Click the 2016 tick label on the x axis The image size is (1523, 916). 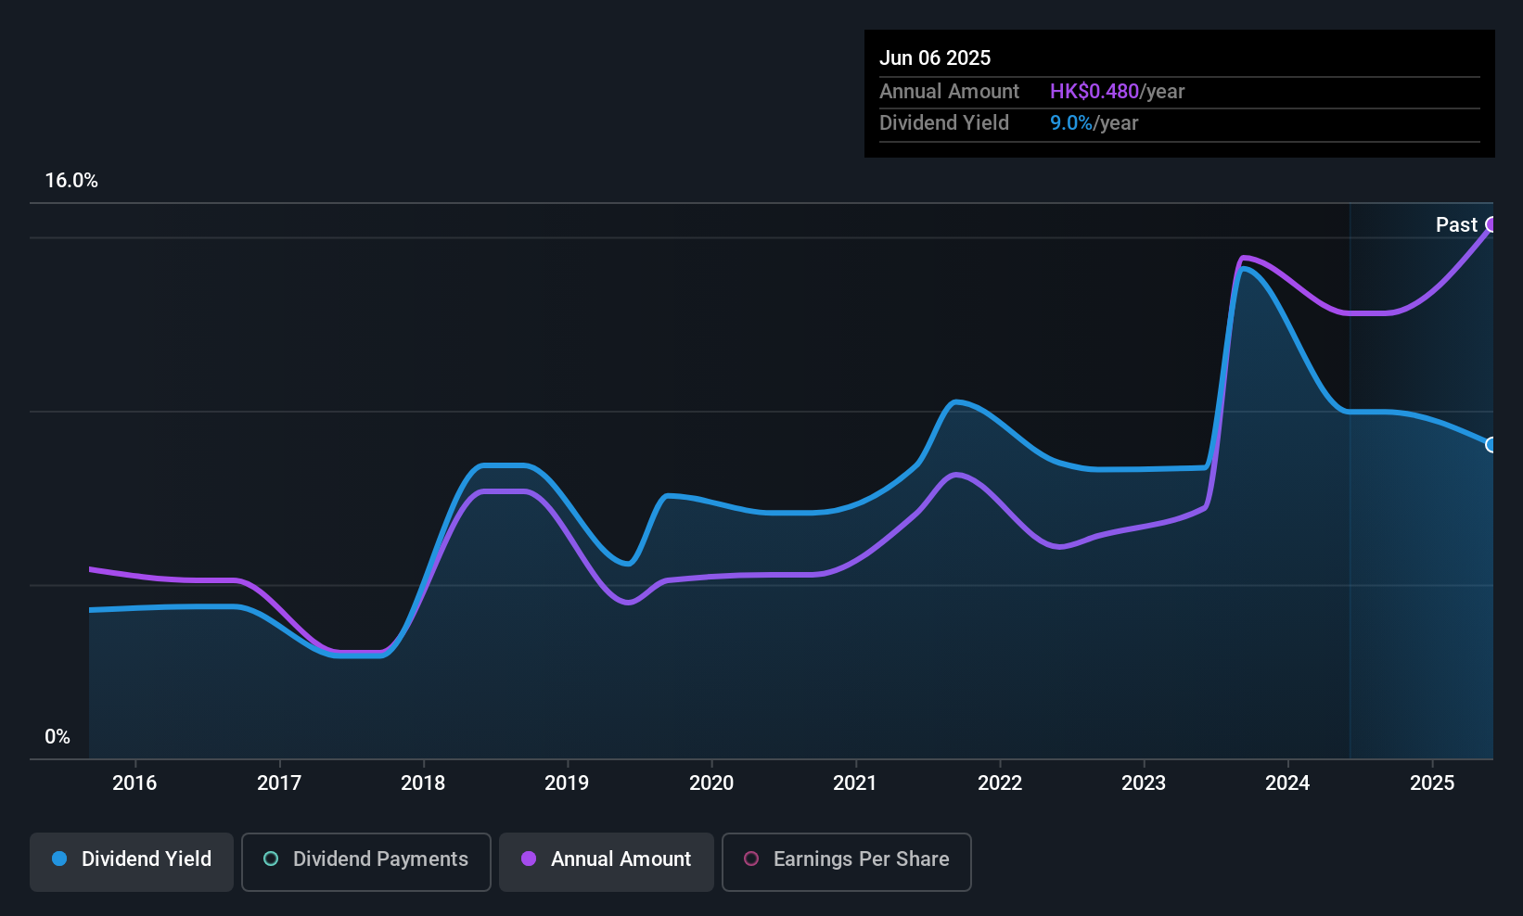click(x=134, y=782)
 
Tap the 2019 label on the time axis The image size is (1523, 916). click(x=567, y=782)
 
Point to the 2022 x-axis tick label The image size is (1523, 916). click(x=1000, y=782)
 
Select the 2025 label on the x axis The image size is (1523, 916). click(x=1432, y=782)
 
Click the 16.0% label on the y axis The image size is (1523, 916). click(x=71, y=181)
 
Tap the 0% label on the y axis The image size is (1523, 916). click(x=58, y=737)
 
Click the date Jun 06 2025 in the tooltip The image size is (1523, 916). click(x=935, y=58)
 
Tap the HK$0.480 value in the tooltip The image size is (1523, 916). click(x=1094, y=91)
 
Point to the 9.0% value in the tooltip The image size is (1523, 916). click(x=1071, y=123)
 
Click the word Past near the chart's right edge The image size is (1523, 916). click(x=1456, y=225)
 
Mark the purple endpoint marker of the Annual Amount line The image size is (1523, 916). click(x=1491, y=224)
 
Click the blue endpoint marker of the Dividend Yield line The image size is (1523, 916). click(x=1491, y=445)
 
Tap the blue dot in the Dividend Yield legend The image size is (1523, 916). click(x=59, y=859)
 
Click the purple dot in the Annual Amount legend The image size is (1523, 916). click(x=529, y=859)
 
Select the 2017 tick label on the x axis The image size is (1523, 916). click(x=279, y=782)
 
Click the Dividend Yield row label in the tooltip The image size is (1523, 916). click(x=943, y=123)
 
